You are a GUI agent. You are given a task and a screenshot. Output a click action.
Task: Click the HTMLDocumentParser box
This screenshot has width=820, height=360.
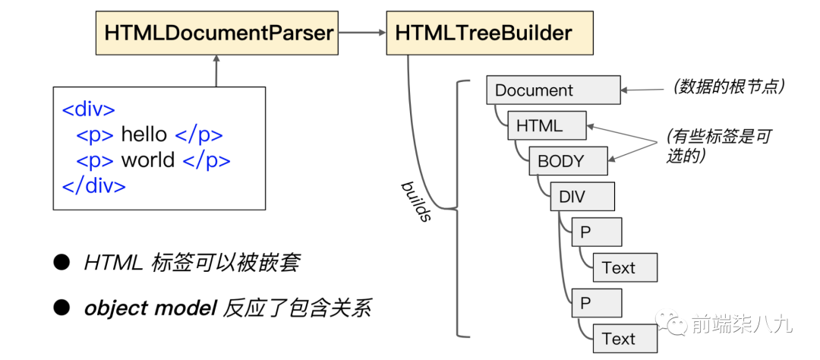tap(217, 33)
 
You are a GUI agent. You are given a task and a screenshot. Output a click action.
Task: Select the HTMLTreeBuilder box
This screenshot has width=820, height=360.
tap(483, 33)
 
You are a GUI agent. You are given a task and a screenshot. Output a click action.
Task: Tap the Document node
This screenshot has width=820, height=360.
tap(553, 90)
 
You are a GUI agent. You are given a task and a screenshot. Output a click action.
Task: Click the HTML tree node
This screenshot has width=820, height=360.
tap(547, 125)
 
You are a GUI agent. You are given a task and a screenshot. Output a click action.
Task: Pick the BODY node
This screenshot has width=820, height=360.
tap(568, 161)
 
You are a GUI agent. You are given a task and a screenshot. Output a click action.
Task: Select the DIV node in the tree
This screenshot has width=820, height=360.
tap(582, 197)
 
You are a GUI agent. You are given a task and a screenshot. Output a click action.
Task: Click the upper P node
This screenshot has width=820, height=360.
tap(596, 232)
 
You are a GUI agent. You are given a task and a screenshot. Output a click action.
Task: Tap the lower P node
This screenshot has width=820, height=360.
tap(596, 303)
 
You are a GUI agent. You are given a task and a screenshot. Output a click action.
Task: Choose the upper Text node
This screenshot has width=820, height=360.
tap(624, 267)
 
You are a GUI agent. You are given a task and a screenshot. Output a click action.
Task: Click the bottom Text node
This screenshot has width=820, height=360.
tap(624, 339)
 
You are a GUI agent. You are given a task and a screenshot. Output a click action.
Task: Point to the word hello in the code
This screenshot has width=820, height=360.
tap(143, 135)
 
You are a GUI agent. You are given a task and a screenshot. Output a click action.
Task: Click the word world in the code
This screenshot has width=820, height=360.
tap(147, 160)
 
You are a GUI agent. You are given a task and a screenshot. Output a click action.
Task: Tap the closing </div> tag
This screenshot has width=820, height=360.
tap(93, 185)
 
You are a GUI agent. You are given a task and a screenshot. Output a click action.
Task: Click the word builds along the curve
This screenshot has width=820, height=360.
tap(416, 201)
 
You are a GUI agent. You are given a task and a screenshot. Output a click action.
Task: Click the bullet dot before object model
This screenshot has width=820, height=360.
tap(61, 308)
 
